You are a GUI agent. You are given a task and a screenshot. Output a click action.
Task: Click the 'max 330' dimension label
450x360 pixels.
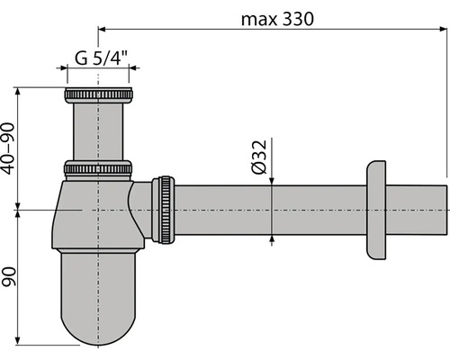[x=277, y=19]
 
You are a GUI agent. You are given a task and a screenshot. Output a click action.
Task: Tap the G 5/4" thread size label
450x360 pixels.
[x=101, y=58]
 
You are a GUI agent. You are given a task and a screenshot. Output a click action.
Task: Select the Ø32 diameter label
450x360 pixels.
[x=259, y=157]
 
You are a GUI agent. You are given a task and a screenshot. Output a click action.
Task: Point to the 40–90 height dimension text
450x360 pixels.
[x=8, y=148]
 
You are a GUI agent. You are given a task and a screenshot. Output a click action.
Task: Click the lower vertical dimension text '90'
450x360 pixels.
[x=9, y=276]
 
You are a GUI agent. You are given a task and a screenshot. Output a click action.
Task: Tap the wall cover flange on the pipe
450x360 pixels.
[x=376, y=210]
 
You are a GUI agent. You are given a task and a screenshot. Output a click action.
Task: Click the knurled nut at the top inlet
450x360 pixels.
[x=98, y=95]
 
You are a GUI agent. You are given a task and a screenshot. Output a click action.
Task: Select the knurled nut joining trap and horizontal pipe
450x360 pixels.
[x=163, y=210]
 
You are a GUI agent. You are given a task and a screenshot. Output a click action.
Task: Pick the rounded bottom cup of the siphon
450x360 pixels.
[x=98, y=297]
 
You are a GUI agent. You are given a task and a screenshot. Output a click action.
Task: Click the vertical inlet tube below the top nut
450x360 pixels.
[x=98, y=131]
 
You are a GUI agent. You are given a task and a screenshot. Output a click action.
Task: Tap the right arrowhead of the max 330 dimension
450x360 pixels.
[x=444, y=29]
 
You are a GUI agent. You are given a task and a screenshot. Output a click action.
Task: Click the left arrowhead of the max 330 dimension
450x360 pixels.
[x=103, y=29]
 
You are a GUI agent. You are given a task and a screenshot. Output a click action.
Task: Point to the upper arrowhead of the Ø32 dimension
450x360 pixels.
[x=272, y=181]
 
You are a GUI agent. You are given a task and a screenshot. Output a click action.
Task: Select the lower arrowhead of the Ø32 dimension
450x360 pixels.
[x=272, y=239]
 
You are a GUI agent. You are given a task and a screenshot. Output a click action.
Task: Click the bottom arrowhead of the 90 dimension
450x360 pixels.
[x=18, y=341]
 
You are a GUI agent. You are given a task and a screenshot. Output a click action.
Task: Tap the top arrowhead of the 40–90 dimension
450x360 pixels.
[x=18, y=92]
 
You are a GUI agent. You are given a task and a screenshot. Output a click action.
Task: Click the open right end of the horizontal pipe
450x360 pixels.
[x=446, y=210]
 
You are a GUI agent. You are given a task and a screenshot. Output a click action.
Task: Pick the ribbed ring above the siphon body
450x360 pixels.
[x=98, y=168]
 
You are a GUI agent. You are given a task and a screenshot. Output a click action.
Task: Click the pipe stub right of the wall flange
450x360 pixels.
[x=417, y=210]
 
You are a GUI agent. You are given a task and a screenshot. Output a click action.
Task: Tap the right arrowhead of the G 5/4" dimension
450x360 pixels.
[x=133, y=68]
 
